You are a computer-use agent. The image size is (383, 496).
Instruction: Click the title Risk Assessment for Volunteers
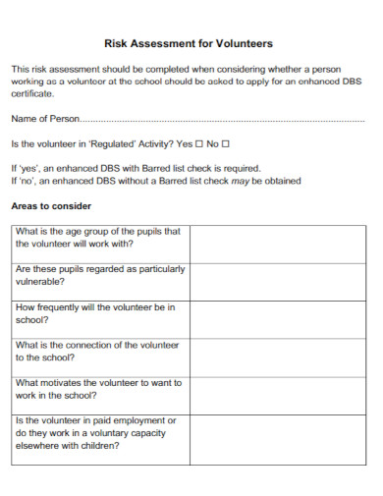188,44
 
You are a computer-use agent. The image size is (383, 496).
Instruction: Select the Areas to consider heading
51,206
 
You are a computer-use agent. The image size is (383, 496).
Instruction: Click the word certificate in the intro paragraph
31,94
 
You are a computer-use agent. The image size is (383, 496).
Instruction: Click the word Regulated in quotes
103,143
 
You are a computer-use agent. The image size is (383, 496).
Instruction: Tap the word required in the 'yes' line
240,168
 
